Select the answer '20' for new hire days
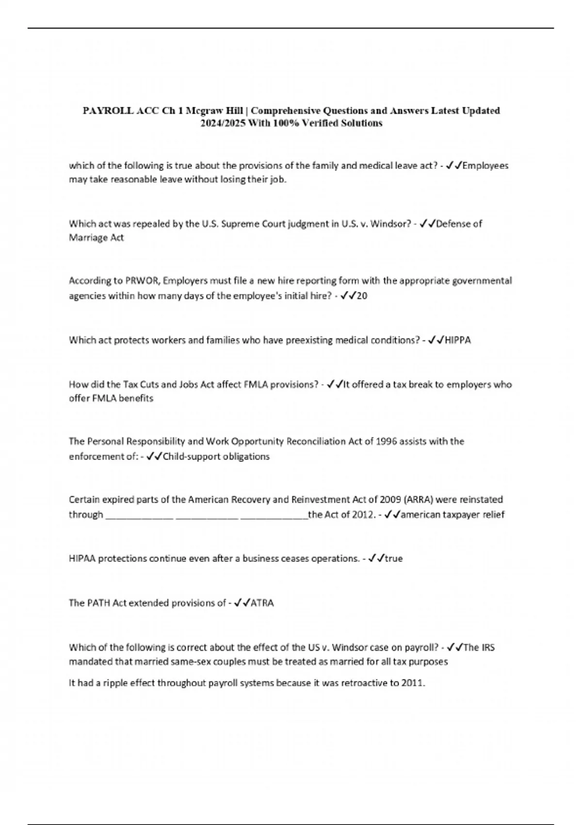362,296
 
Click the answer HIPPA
457,340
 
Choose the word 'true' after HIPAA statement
393,559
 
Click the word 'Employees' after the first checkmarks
485,165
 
